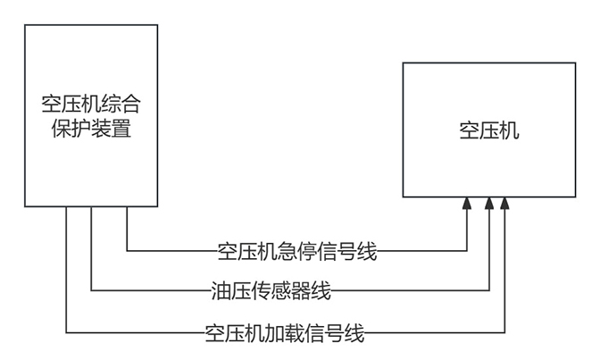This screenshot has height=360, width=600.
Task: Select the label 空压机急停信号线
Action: (297, 251)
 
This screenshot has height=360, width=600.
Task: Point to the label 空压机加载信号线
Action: (285, 333)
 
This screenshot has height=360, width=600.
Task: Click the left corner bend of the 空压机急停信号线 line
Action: (127, 250)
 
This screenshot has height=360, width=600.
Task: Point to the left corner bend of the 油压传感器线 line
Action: (91, 289)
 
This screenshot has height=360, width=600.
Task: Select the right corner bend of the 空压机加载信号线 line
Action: (506, 332)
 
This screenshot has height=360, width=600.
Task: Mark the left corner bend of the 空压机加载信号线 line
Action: (66, 332)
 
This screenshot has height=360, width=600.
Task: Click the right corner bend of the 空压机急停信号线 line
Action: (467, 250)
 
